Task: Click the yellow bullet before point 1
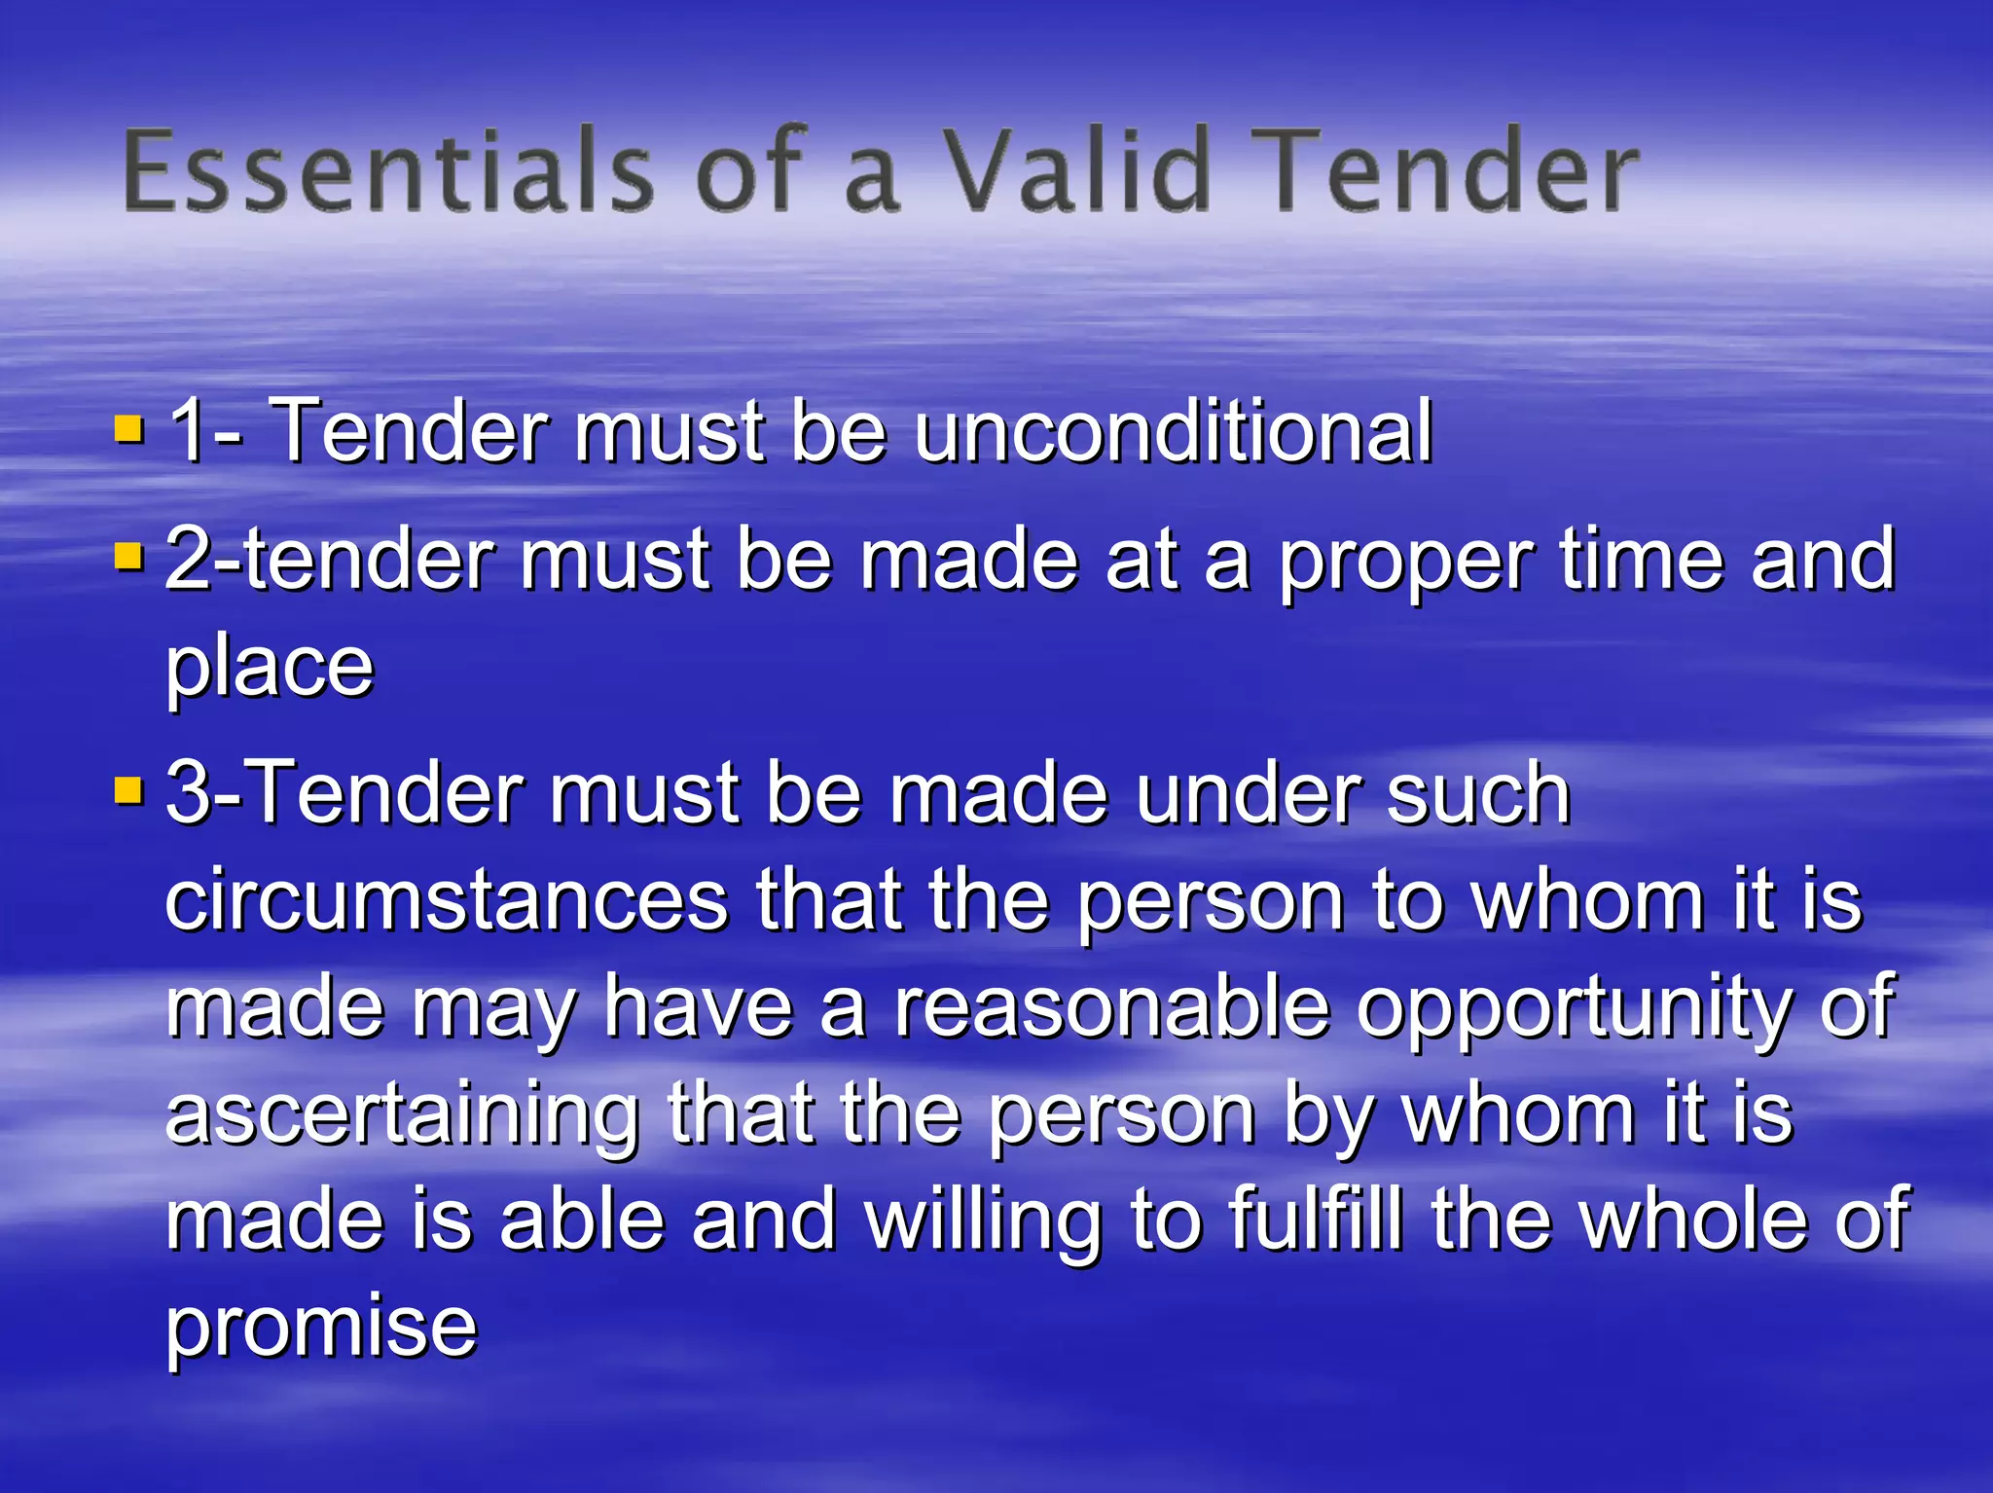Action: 129,429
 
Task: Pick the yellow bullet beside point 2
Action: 129,558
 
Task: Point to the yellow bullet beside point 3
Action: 129,789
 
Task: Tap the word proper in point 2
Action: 1405,563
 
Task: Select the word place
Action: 270,669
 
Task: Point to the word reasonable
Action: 1111,1006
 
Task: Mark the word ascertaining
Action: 403,1115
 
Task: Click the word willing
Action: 983,1222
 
